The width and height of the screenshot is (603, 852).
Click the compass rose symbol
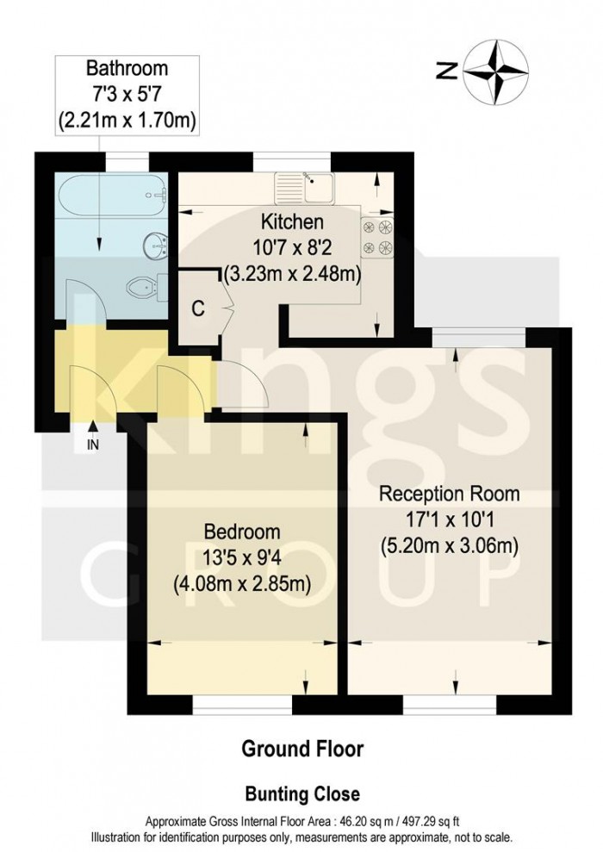coord(497,72)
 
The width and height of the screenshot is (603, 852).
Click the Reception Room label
coord(450,494)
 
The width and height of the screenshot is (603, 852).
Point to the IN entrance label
coord(92,445)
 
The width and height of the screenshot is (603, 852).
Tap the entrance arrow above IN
coord(92,428)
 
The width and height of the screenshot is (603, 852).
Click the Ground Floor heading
coord(301,749)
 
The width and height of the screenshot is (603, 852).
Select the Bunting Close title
coord(301,793)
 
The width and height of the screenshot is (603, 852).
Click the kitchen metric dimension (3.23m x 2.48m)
coord(292,277)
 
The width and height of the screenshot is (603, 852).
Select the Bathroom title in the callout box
coord(127,68)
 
